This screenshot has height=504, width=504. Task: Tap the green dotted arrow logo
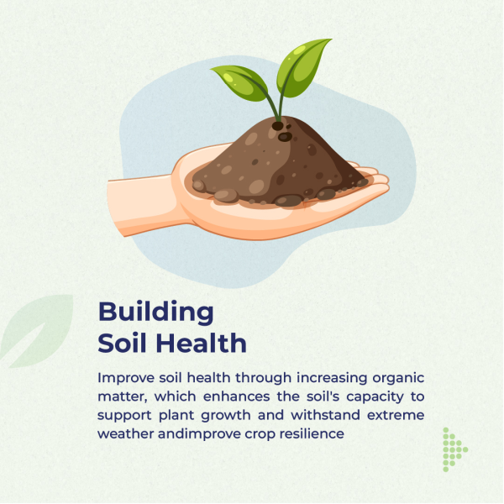[454, 449]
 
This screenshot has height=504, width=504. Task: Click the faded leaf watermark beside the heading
[37, 331]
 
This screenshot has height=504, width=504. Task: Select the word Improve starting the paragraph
[126, 378]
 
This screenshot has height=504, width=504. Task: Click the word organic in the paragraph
[398, 379]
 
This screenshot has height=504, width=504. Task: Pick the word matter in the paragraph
[123, 396]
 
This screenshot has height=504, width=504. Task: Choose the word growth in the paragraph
[226, 416]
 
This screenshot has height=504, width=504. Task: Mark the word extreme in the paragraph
[396, 415]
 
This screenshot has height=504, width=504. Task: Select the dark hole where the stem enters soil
[278, 126]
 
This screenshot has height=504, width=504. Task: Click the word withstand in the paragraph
[325, 415]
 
